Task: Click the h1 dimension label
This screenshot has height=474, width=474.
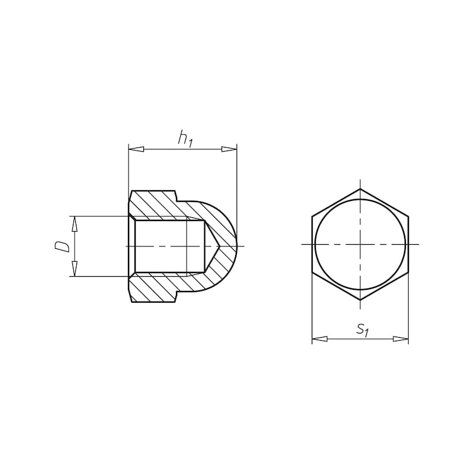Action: click(x=185, y=139)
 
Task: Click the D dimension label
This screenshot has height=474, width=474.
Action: click(x=63, y=246)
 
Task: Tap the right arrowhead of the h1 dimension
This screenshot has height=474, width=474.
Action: click(x=229, y=149)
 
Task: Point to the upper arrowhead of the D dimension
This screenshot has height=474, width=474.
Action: click(x=75, y=223)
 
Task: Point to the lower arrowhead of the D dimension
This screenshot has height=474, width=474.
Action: click(x=75, y=269)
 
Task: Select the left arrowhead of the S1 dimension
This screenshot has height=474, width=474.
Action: click(x=319, y=339)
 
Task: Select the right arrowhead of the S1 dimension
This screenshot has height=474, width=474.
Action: click(x=401, y=339)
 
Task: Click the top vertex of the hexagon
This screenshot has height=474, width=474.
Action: click(x=360, y=189)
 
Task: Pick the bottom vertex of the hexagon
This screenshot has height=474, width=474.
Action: click(x=360, y=300)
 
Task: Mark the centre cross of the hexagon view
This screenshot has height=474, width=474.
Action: click(x=360, y=244)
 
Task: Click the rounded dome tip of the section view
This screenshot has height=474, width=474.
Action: click(x=236, y=246)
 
